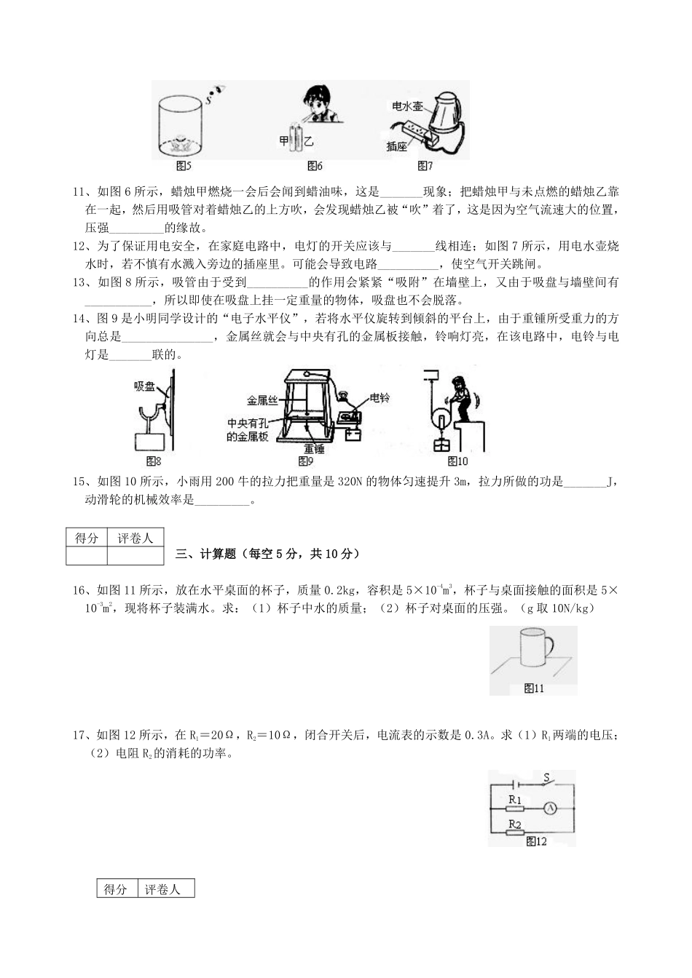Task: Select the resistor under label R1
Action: click(x=514, y=808)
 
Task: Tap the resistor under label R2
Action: click(x=514, y=832)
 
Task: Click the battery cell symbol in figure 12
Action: click(x=516, y=784)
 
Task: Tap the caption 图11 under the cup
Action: click(x=534, y=688)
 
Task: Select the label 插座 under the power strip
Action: click(x=396, y=147)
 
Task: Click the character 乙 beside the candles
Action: click(x=309, y=140)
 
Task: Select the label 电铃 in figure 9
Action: click(x=380, y=398)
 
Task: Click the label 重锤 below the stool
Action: click(x=314, y=448)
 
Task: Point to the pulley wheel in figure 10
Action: click(x=441, y=422)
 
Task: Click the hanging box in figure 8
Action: click(x=150, y=442)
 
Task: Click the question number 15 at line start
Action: click(x=79, y=482)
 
